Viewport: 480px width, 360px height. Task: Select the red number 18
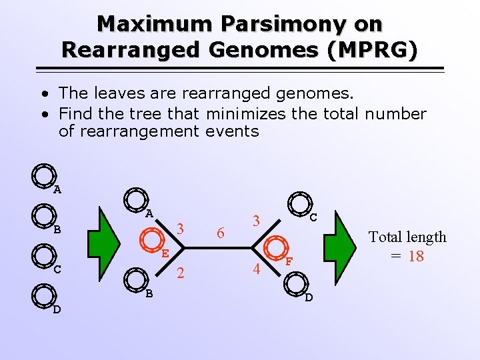tap(416, 256)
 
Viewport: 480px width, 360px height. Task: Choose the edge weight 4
tap(256, 270)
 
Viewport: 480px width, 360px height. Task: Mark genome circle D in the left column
tap(43, 295)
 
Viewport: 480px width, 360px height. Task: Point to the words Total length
tap(407, 237)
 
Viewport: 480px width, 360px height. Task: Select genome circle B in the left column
tap(43, 216)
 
